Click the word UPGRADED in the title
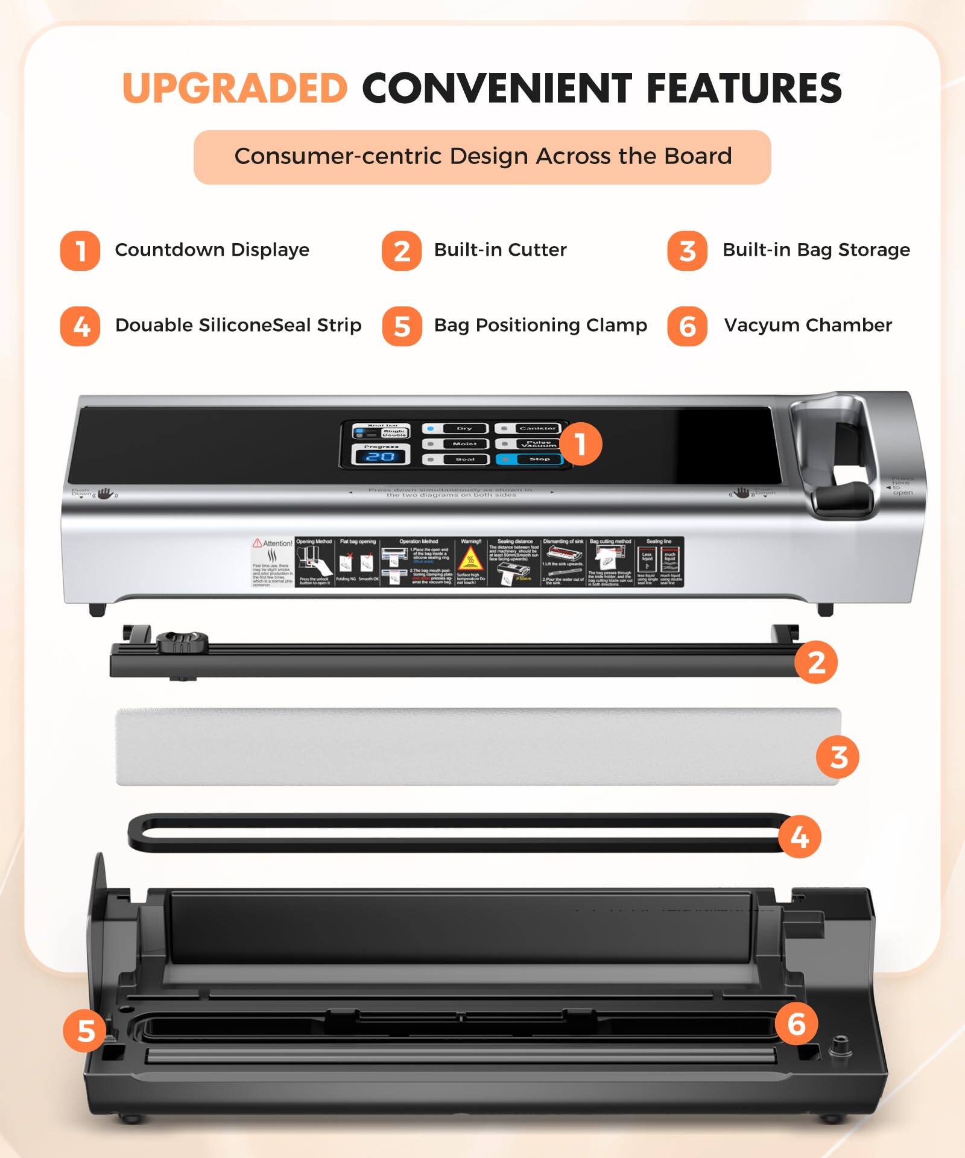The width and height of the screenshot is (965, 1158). (235, 88)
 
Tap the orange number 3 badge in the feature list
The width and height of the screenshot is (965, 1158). (686, 251)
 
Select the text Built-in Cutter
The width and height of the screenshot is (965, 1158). (500, 250)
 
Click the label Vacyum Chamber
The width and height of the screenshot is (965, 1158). (808, 325)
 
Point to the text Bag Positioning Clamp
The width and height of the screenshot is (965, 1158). (540, 325)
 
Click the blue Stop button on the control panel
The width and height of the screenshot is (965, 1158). (529, 459)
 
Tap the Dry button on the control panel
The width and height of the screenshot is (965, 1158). (457, 428)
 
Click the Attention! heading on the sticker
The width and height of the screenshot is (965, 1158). (273, 543)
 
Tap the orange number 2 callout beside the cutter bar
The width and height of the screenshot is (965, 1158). (815, 662)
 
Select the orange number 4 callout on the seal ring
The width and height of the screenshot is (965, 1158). (799, 837)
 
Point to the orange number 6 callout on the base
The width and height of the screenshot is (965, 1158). (796, 1024)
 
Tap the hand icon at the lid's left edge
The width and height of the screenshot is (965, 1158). (106, 494)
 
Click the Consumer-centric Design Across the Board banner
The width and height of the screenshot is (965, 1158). (482, 157)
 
